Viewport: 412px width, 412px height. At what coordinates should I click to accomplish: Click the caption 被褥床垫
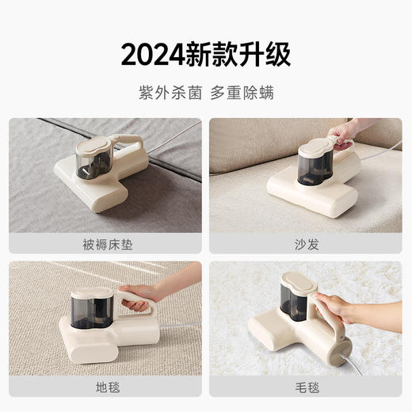pyautogui.click(x=105, y=244)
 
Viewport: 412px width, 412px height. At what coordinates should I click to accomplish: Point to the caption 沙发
pyautogui.click(x=305, y=244)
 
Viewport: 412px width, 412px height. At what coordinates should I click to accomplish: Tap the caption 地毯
pyautogui.click(x=105, y=388)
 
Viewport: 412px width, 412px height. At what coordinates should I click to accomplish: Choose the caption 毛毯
pyautogui.click(x=305, y=388)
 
